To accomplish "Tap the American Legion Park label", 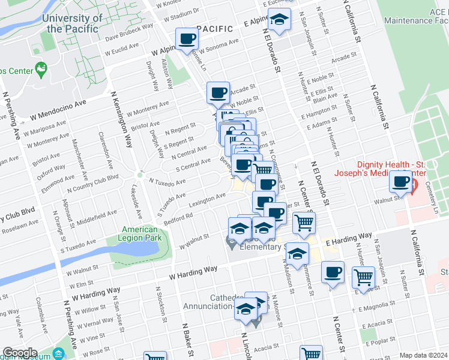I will point(139,233).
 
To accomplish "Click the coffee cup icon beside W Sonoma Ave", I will point(187,39).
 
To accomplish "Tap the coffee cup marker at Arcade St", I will point(218,92).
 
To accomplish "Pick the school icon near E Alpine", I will point(279,20).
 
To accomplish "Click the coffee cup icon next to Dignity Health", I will point(401,181).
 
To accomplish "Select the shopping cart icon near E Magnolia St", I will point(363,277).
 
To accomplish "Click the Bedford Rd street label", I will point(178,215).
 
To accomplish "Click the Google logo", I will point(20,353).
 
